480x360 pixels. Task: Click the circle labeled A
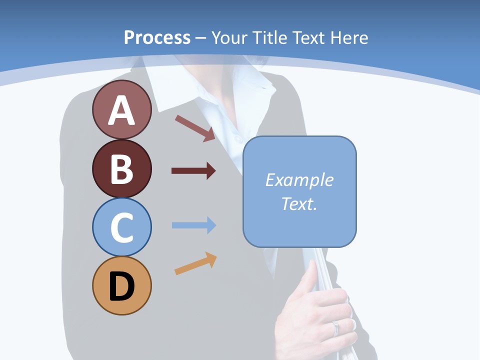[x=121, y=109]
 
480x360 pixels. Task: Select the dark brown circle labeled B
[x=121, y=168]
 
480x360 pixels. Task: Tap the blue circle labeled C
[x=121, y=227]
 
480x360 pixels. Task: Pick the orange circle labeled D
[x=121, y=285]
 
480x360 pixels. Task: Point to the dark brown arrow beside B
[x=193, y=171]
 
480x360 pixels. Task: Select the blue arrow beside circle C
[x=193, y=225]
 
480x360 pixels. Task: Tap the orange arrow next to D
[x=195, y=263]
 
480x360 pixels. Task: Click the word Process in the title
[x=157, y=37]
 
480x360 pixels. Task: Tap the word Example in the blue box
[x=299, y=180]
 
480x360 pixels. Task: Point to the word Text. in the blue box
[x=299, y=203]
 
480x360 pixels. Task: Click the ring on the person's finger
[x=335, y=328]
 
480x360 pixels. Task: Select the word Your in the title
[x=229, y=37]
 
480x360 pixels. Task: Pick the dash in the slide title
[x=200, y=38]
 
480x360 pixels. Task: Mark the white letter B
[x=121, y=169]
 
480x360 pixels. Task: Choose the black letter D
[x=121, y=286]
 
